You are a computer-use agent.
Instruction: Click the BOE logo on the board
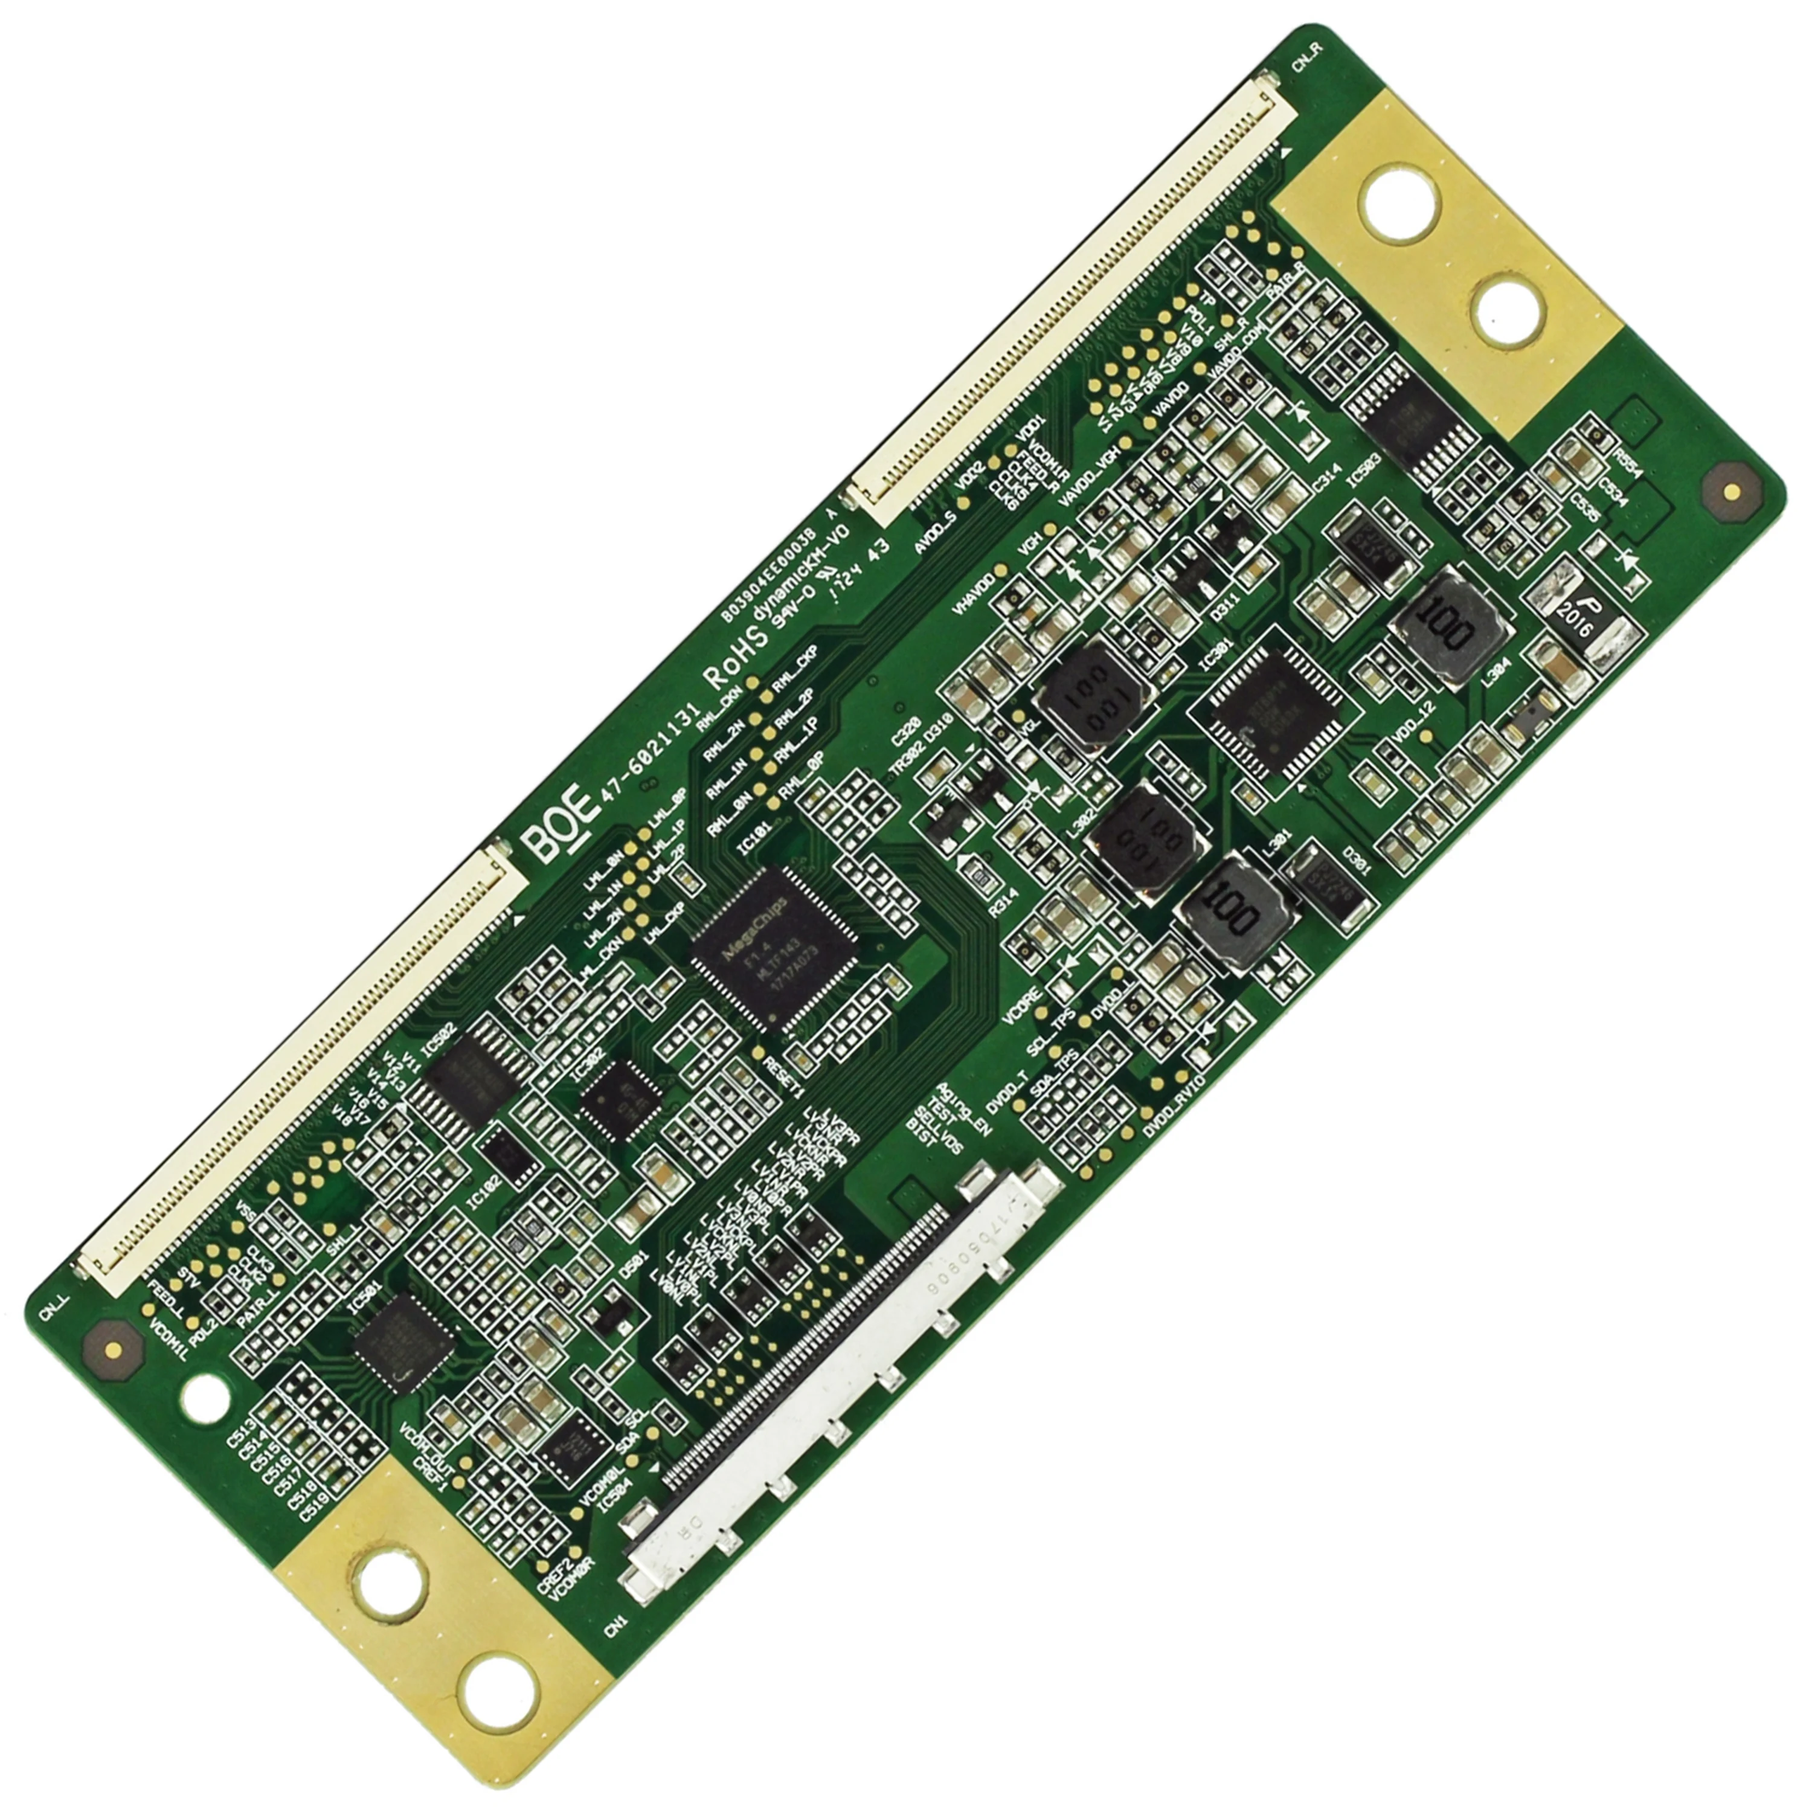coord(562,826)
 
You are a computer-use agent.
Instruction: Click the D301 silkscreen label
coord(1358,863)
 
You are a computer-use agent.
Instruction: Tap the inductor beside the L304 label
coord(1449,625)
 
